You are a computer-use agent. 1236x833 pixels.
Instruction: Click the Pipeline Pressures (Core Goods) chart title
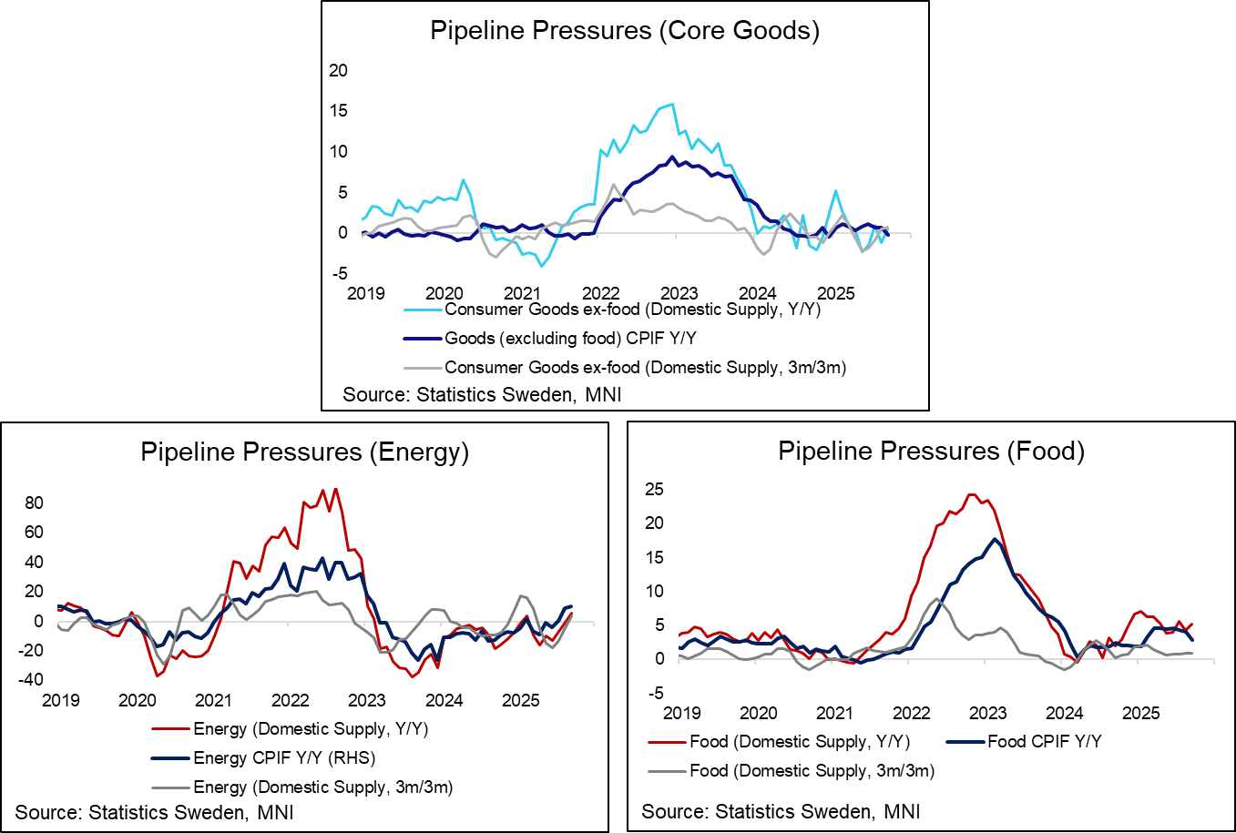coord(625,31)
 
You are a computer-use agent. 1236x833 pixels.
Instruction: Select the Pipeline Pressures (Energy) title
coord(304,452)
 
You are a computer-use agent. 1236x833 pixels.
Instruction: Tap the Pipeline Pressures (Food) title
coord(931,452)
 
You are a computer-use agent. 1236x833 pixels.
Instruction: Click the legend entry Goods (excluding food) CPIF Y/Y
coord(570,339)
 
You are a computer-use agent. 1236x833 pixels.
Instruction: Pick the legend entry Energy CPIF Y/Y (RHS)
coord(284,758)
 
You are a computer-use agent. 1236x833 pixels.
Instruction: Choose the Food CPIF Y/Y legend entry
coord(1044,742)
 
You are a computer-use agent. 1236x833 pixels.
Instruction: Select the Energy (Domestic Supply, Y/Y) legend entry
coord(311,729)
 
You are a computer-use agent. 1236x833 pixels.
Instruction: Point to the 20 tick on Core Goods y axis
coord(338,71)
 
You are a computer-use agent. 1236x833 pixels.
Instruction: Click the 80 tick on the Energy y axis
coord(35,503)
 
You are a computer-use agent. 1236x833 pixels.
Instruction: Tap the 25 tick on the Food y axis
coord(654,490)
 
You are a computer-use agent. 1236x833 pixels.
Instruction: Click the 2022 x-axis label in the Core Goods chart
coord(601,293)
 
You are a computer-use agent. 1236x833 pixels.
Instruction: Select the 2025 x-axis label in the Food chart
coord(1140,713)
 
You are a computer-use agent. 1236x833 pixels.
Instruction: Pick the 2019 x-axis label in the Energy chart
coord(61,700)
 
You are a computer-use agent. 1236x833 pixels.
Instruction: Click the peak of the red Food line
coord(971,494)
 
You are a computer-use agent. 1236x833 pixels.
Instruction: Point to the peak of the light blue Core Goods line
coord(672,104)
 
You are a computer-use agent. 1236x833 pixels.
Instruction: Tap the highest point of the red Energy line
coord(336,489)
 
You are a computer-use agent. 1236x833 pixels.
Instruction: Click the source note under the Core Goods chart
coord(482,395)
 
